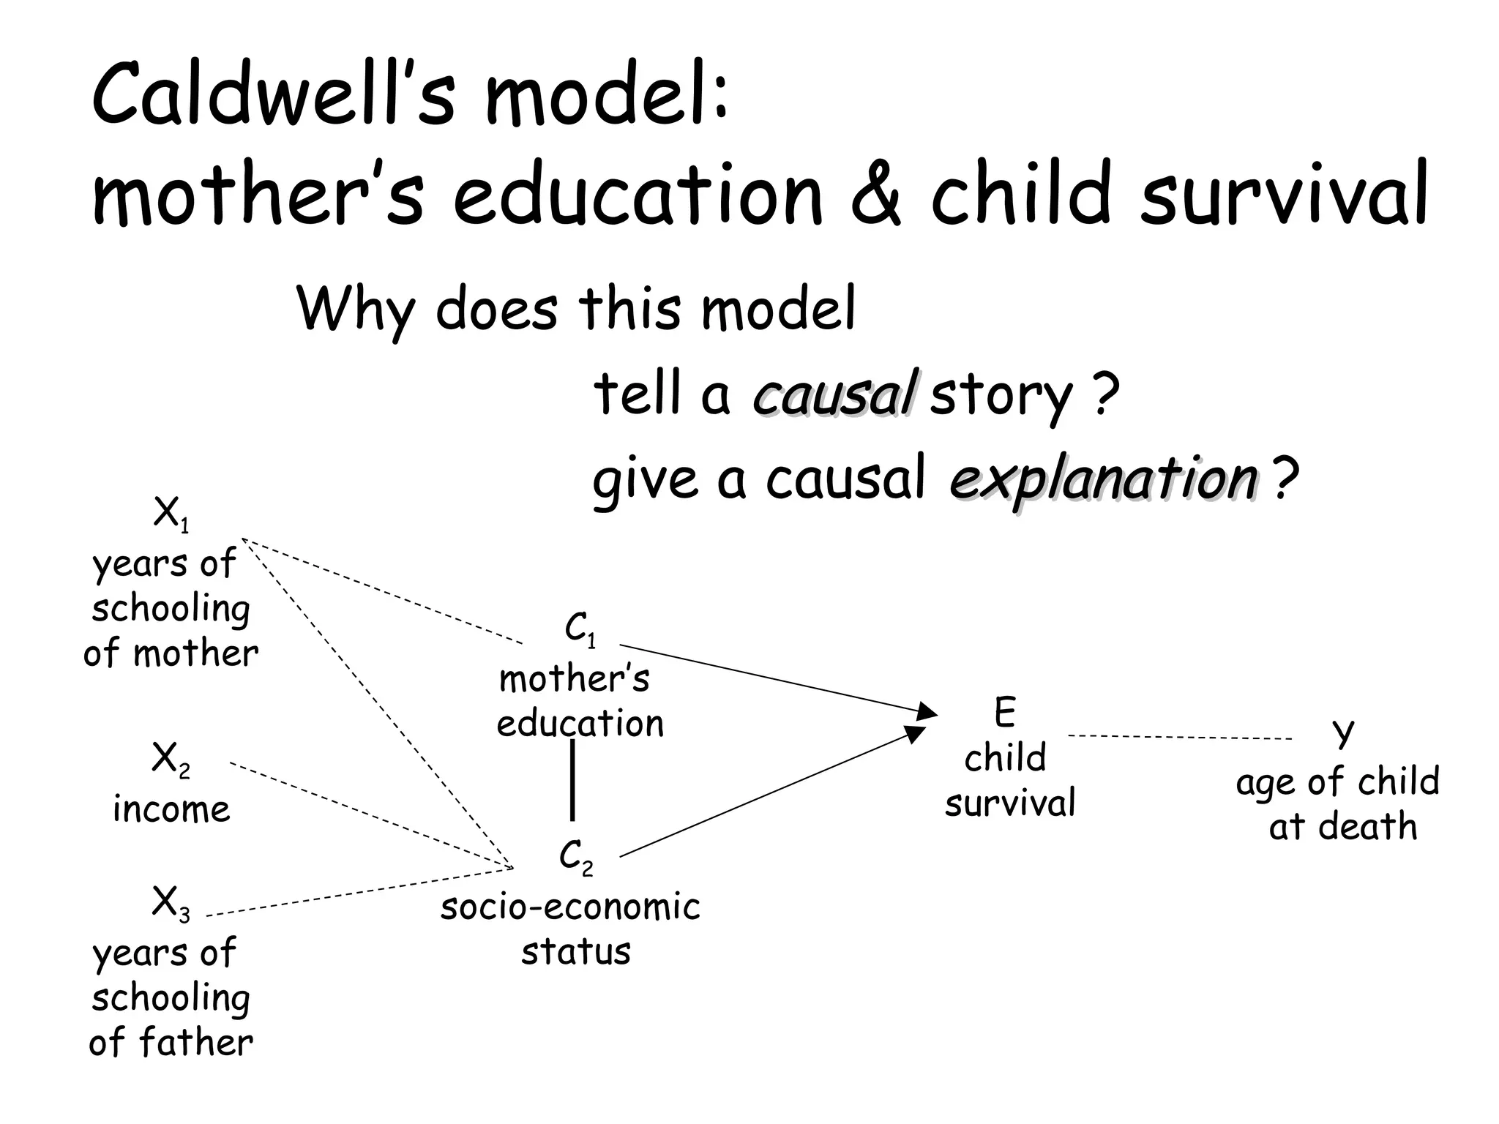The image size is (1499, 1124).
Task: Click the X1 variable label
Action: point(171,514)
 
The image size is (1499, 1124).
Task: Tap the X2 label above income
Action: point(171,760)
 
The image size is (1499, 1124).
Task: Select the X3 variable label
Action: point(171,903)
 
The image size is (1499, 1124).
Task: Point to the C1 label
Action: point(580,630)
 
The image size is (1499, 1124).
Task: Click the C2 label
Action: point(576,857)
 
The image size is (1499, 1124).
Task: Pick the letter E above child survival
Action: point(1005,713)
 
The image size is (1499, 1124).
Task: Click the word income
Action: point(171,809)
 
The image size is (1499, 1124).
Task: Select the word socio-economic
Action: point(571,907)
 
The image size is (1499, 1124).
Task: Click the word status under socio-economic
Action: point(576,952)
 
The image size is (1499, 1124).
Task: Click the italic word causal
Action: point(833,394)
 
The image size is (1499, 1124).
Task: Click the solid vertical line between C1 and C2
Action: point(572,780)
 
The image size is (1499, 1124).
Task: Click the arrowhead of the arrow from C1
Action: point(928,711)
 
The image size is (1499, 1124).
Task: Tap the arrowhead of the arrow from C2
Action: point(916,734)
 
